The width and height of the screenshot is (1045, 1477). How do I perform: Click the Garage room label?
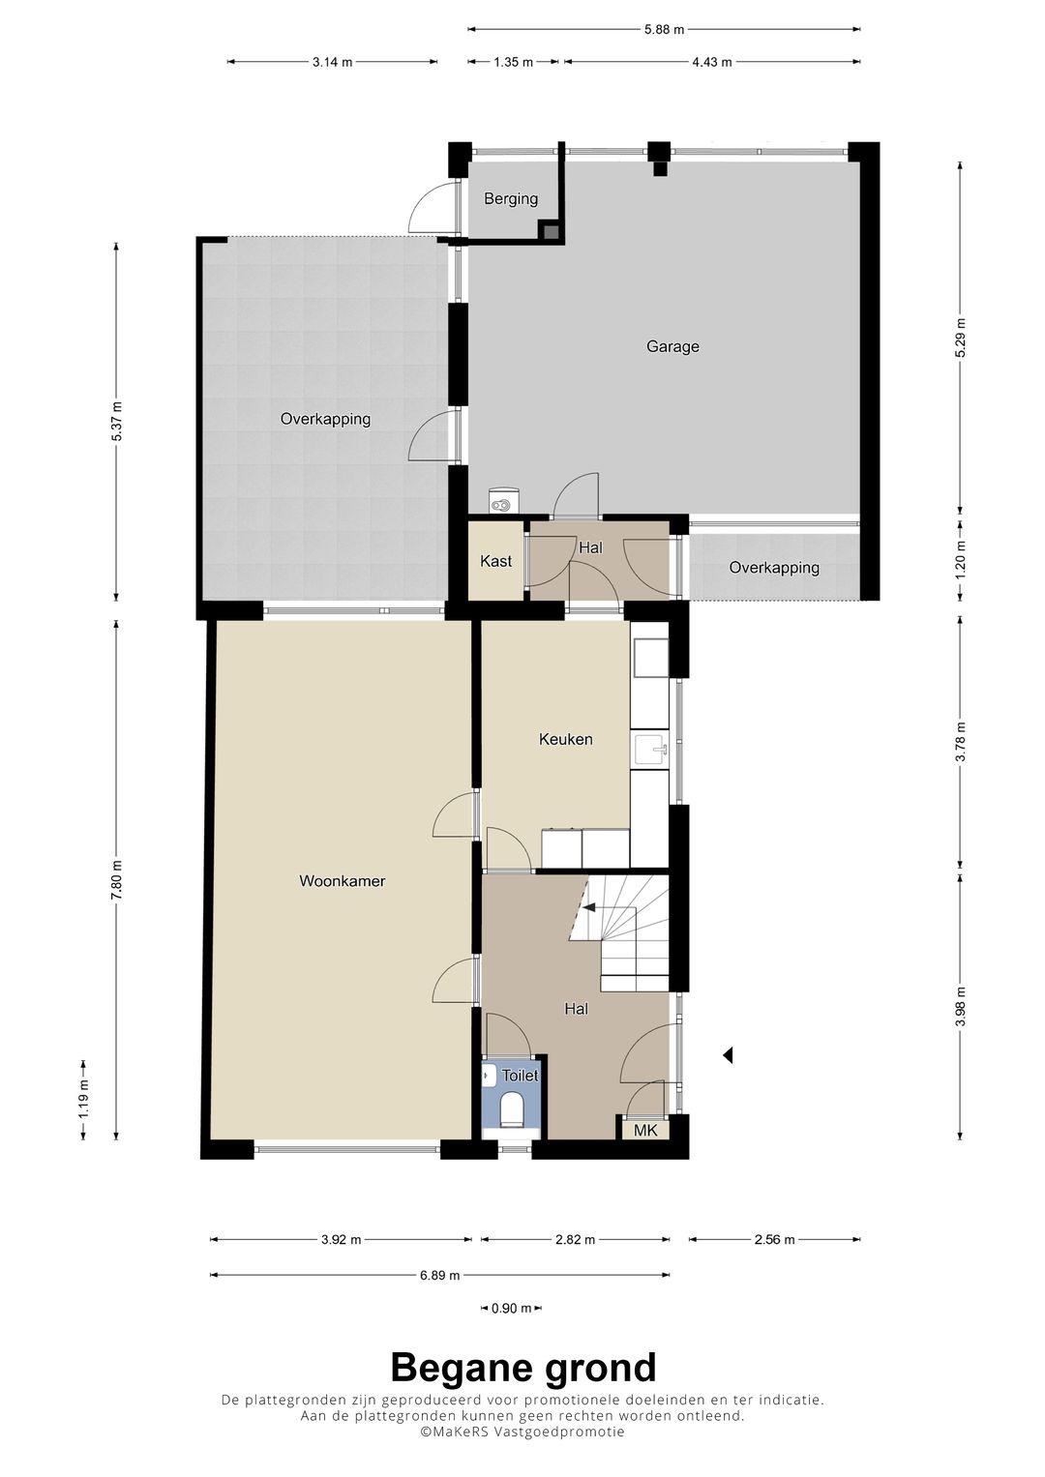pos(672,346)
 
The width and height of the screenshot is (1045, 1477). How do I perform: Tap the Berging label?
pos(511,198)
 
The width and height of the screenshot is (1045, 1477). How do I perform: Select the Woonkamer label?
pos(343,881)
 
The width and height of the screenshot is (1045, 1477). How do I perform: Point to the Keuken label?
pos(565,739)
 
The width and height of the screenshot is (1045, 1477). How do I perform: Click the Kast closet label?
pos(495,561)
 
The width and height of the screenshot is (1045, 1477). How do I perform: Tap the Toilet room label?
pos(520,1076)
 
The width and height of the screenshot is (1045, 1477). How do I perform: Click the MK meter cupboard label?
pos(645,1130)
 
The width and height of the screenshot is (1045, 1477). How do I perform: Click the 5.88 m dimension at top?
pos(665,29)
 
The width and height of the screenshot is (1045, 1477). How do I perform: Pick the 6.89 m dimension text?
pos(440,1275)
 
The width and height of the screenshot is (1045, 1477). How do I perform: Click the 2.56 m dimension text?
pos(774,1239)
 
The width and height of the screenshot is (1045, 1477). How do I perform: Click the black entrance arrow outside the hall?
pos(728,1055)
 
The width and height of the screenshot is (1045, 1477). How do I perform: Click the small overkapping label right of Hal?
pos(774,567)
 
